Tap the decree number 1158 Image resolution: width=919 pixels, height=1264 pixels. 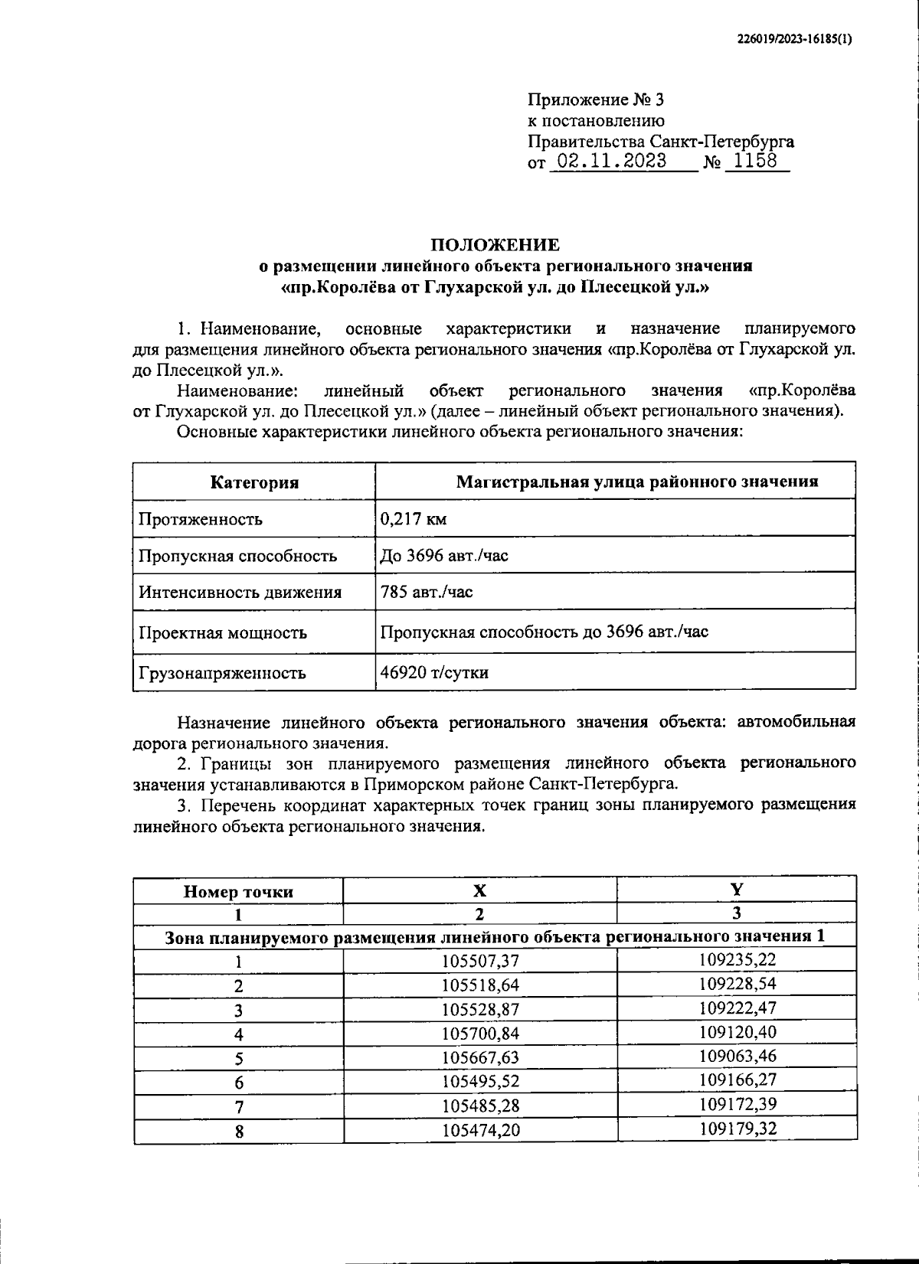click(x=755, y=161)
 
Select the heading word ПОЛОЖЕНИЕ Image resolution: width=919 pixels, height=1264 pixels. click(x=495, y=245)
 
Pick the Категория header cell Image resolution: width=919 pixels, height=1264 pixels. click(x=254, y=482)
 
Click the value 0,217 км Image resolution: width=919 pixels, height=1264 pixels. click(x=414, y=519)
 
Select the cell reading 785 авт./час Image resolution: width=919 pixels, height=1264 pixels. click(x=427, y=592)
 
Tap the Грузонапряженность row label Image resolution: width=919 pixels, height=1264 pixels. click(x=222, y=673)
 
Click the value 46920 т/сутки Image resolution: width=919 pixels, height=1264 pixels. click(x=434, y=672)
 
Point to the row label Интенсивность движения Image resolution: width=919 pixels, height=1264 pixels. click(x=240, y=592)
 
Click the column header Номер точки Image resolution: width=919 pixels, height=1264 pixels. click(x=238, y=891)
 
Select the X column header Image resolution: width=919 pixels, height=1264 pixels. click(x=479, y=890)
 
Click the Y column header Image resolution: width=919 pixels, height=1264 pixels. click(x=736, y=889)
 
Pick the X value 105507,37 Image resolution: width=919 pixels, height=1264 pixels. click(x=481, y=961)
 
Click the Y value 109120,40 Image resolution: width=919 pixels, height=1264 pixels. click(x=737, y=1032)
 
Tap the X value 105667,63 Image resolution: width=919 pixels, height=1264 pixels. click(x=481, y=1057)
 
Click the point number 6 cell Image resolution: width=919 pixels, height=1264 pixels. click(x=239, y=1083)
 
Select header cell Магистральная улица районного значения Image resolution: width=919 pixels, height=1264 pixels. click(x=637, y=482)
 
